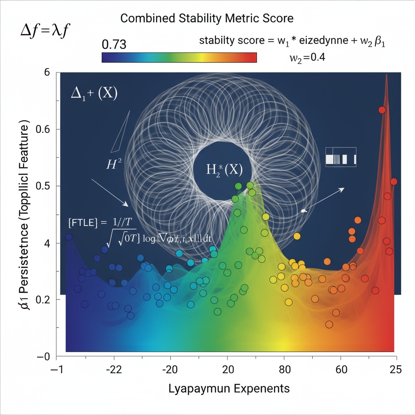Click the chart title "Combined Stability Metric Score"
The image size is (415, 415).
(x=207, y=19)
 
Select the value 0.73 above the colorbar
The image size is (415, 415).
(x=114, y=44)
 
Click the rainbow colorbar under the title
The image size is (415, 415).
(x=179, y=58)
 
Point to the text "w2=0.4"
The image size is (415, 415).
(x=308, y=58)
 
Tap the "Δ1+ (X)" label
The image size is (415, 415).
(x=94, y=94)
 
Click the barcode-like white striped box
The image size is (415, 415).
(x=341, y=156)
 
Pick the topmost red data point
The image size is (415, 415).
(x=382, y=110)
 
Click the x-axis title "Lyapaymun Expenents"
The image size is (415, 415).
(x=229, y=388)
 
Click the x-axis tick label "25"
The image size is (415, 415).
(x=395, y=369)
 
